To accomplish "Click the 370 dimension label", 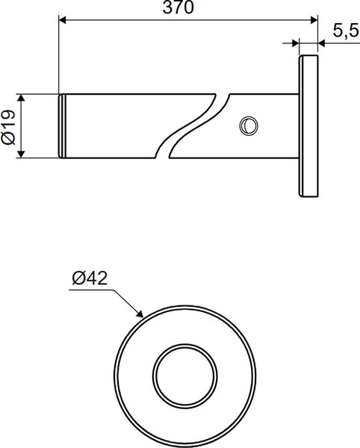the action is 179,7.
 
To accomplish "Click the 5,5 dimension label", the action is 345,31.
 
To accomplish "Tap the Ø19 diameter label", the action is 8,126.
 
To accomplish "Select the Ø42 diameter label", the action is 90,278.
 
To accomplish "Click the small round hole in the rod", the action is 249,125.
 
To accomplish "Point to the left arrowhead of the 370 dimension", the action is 62,20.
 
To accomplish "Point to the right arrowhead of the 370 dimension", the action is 314,20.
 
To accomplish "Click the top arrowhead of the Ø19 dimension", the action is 21,98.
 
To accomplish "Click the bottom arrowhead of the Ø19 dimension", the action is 21,154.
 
